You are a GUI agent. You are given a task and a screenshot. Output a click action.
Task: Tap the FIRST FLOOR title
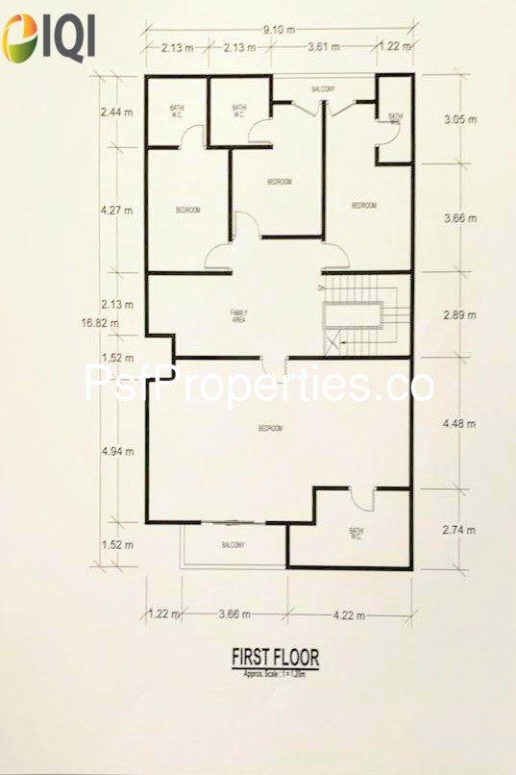tap(275, 658)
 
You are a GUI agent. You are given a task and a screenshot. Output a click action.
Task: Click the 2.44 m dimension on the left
tap(116, 112)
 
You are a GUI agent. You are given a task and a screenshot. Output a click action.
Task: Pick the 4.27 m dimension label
tap(116, 205)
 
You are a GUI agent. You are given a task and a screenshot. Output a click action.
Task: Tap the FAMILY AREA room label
tap(238, 316)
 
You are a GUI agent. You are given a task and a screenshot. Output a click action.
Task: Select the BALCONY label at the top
tap(323, 89)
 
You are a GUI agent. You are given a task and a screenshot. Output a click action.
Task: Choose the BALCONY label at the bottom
tap(233, 545)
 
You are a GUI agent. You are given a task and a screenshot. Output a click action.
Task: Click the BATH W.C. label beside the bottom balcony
tap(356, 534)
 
